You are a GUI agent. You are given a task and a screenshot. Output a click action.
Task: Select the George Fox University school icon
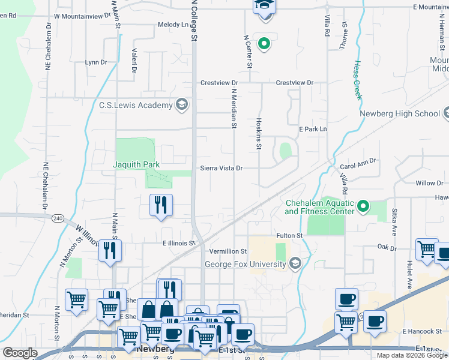click(x=295, y=263)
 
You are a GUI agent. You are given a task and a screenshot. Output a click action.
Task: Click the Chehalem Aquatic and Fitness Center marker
click(x=363, y=207)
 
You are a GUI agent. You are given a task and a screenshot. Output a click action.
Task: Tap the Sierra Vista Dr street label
click(x=221, y=169)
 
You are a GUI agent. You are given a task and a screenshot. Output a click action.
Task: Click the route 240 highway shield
click(x=58, y=217)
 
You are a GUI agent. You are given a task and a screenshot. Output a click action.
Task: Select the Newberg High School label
click(x=400, y=113)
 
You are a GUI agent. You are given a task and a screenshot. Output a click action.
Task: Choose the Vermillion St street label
click(x=228, y=251)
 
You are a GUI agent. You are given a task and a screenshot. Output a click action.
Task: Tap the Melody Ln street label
click(x=173, y=25)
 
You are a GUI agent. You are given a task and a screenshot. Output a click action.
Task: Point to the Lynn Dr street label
click(x=95, y=62)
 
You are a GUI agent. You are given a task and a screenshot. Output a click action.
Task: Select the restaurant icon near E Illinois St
click(x=109, y=250)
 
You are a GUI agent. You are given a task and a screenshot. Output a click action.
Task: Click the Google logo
click(x=20, y=353)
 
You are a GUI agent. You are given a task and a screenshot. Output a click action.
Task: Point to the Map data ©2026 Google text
click(x=411, y=355)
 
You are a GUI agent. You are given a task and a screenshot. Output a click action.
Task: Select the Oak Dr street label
click(x=387, y=247)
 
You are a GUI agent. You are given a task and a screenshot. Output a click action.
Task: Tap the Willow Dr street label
click(x=429, y=182)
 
